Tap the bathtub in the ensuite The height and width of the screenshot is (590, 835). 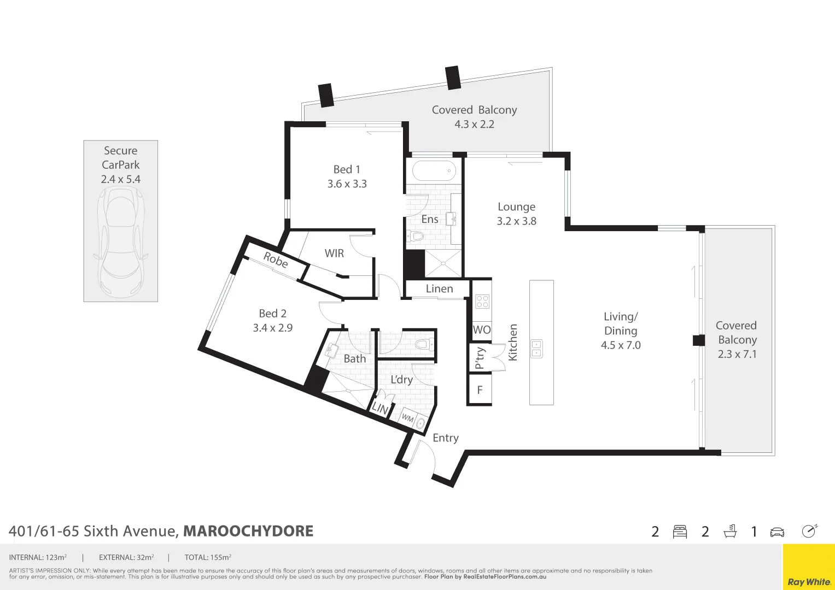434,170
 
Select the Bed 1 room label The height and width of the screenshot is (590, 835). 347,169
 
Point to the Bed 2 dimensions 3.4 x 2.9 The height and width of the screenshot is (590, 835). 272,328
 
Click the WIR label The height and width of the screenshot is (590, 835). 334,253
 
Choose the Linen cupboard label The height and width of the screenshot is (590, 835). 439,289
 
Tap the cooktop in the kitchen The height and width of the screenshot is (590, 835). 482,301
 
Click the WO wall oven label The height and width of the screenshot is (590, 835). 481,330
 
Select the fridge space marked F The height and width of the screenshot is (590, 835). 480,390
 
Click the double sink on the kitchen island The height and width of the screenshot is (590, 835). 536,349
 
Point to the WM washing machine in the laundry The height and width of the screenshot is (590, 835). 408,418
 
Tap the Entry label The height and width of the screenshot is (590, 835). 445,438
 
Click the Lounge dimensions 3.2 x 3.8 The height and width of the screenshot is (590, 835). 516,221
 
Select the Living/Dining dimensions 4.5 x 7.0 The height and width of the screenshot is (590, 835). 620,345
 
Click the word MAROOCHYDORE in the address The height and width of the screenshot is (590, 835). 248,531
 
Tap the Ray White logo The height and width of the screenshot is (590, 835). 809,581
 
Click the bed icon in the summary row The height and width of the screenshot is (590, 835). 680,532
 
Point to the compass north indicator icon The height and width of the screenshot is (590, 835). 809,531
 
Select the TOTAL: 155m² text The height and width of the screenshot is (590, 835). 208,558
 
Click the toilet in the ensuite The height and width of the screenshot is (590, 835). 416,237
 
